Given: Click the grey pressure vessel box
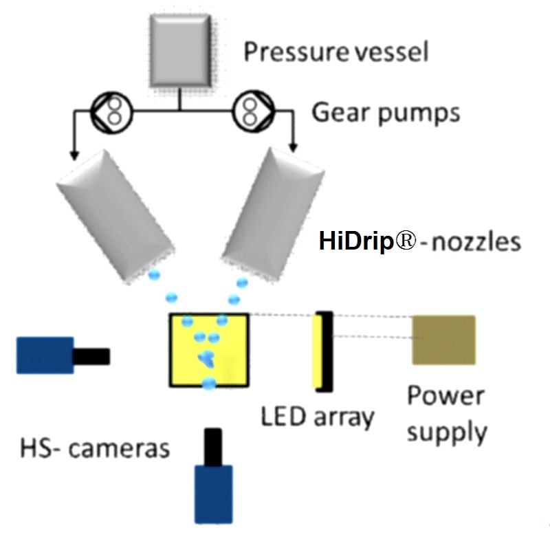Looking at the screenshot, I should click(179, 51).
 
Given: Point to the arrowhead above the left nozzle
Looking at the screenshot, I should click(71, 151).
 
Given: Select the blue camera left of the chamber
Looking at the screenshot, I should click(45, 355).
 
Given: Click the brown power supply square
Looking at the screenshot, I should click(443, 340).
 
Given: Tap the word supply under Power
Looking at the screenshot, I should click(447, 433).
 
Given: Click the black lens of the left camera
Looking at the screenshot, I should click(91, 356).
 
